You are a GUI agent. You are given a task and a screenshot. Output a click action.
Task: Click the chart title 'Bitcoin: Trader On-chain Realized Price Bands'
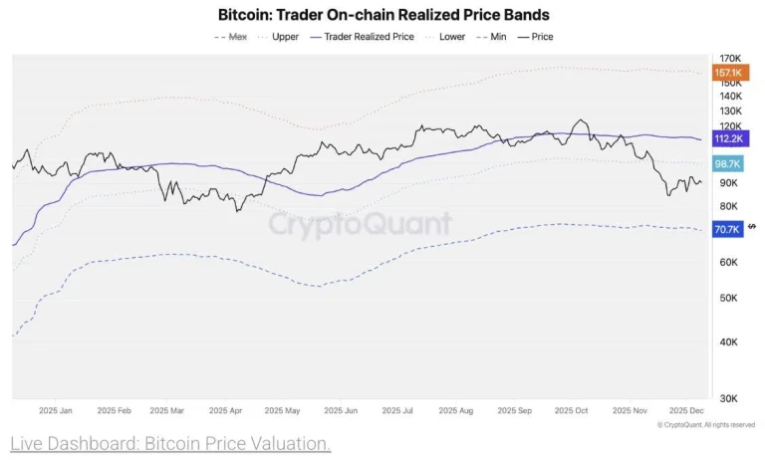coord(383,15)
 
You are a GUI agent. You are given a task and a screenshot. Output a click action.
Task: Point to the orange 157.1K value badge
coord(728,73)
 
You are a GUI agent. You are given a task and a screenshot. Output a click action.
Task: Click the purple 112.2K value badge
coord(728,139)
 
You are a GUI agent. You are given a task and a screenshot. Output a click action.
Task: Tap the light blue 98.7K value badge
coord(728,163)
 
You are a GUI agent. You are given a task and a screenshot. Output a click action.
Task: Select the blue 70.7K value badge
coord(728,229)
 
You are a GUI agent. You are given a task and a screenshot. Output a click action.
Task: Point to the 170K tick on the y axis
coord(728,59)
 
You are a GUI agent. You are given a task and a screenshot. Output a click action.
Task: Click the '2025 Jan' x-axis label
coord(56,410)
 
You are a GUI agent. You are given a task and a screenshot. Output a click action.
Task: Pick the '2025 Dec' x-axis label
coord(688,410)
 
